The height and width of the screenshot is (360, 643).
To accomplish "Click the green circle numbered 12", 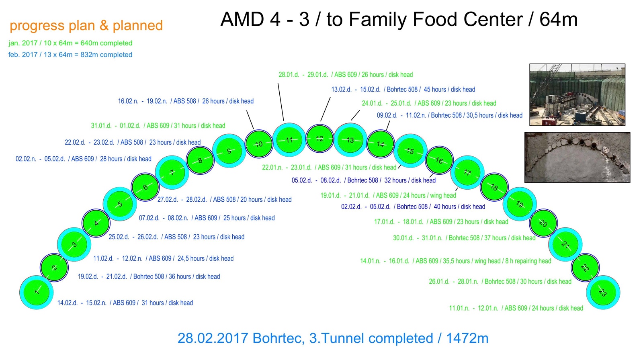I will (319, 139).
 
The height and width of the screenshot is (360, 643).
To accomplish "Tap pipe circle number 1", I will (37, 292).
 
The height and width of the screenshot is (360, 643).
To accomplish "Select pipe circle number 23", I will (603, 292).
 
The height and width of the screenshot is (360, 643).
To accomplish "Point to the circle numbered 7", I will (172, 173).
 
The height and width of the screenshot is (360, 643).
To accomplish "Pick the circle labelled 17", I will (467, 173).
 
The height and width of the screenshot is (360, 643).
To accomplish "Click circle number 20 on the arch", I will (543, 223).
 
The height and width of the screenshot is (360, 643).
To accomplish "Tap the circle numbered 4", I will (96, 223).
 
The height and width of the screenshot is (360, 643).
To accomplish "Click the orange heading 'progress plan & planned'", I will (86, 25).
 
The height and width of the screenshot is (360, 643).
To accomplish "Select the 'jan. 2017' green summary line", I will (70, 43).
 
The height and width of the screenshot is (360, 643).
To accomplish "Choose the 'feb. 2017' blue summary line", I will (70, 55).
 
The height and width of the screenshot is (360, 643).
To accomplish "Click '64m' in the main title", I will (558, 19).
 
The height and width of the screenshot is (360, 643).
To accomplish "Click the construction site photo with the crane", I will (577, 94).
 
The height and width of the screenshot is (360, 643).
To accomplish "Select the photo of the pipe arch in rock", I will (577, 157).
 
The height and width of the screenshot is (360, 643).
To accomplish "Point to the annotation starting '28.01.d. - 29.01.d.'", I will (346, 75).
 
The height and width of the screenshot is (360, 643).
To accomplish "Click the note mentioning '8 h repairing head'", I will (455, 261).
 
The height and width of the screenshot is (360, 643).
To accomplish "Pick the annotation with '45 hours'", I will (403, 90).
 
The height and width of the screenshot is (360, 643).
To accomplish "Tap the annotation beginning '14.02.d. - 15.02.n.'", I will (125, 303).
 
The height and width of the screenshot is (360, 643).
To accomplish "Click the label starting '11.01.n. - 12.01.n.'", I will (516, 308).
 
